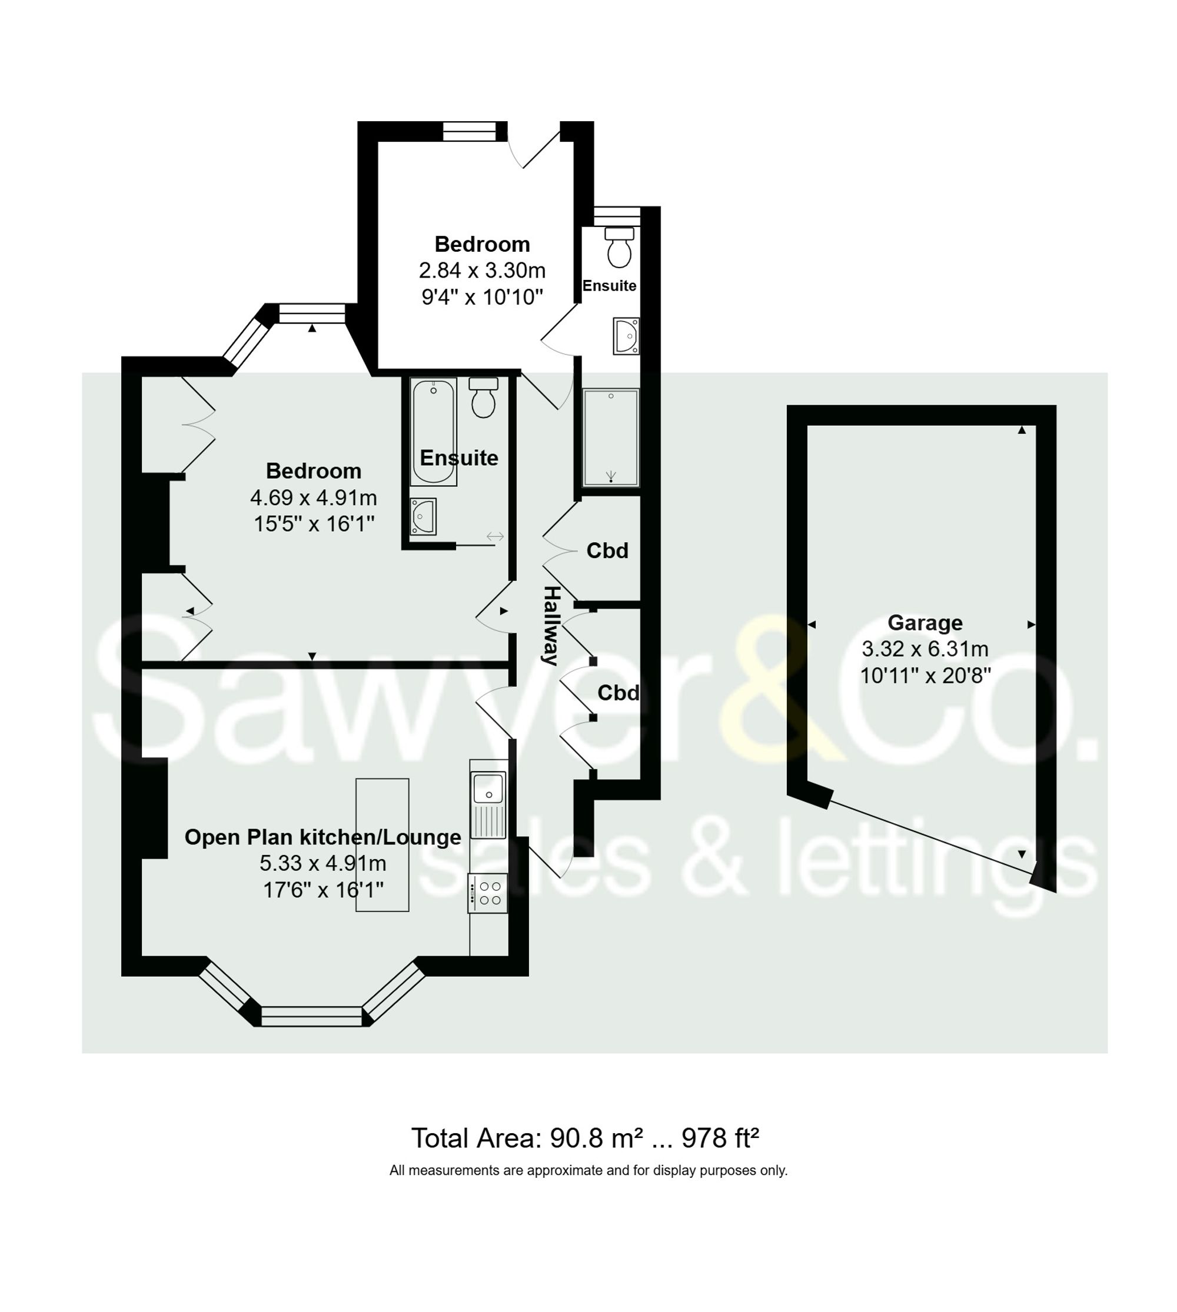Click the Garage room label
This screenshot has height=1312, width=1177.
click(x=925, y=622)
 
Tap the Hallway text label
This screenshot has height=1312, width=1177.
click(x=550, y=625)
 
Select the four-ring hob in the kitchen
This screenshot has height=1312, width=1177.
click(x=488, y=894)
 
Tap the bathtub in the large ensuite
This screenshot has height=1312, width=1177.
click(x=433, y=431)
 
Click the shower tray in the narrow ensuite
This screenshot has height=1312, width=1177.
click(x=610, y=437)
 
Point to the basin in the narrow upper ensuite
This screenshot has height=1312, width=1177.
click(x=626, y=336)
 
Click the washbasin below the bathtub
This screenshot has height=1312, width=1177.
click(x=423, y=516)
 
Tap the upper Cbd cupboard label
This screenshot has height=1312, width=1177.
click(x=607, y=550)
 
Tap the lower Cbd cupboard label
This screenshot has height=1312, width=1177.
click(x=617, y=693)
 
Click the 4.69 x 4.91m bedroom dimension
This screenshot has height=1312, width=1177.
click(x=314, y=498)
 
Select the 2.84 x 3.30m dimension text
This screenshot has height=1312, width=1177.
click(x=482, y=270)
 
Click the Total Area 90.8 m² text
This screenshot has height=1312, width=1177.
click(x=584, y=1137)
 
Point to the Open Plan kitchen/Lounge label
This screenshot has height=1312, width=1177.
click(x=322, y=837)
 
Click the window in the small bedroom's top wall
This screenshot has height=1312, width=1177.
click(x=469, y=132)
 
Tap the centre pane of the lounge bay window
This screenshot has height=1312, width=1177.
click(x=312, y=1016)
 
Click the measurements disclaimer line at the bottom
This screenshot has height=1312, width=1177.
click(x=588, y=1170)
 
